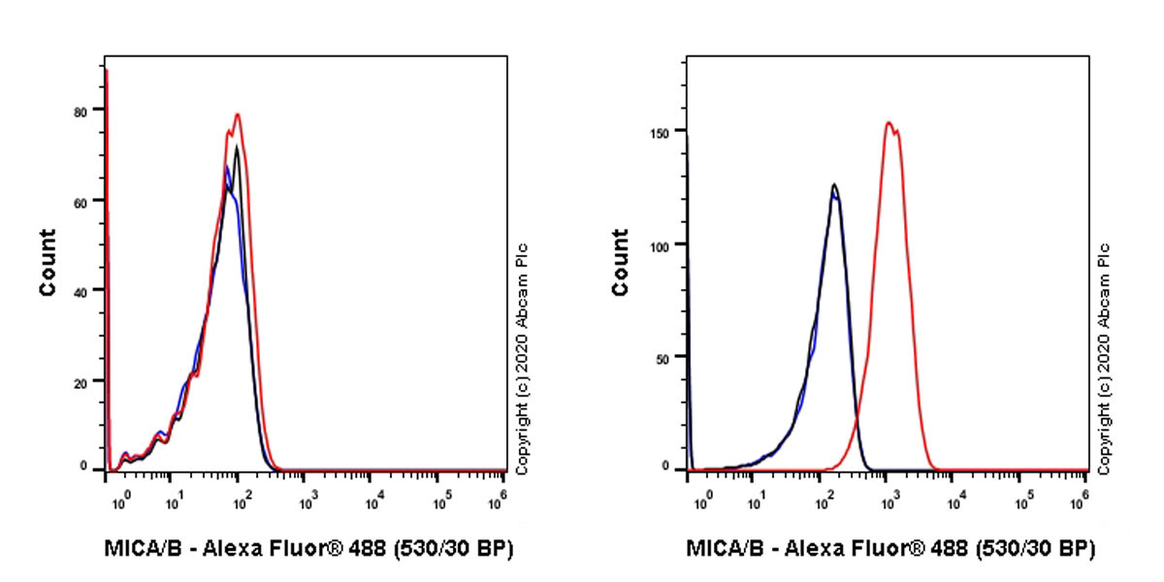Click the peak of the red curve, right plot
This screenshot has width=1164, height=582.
[889, 122]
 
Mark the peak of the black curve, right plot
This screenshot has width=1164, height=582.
[833, 184]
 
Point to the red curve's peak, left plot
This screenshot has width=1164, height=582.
[237, 114]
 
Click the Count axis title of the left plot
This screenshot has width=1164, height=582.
[48, 262]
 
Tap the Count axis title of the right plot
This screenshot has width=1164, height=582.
[622, 262]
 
